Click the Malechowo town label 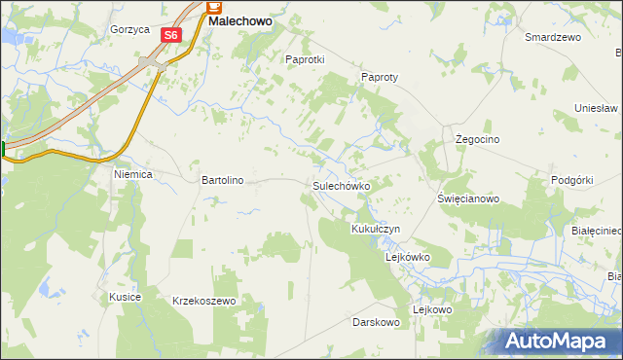tap(239, 19)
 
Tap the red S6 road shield tap(171, 35)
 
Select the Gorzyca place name tap(129, 29)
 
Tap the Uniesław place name tap(597, 107)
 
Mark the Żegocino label tap(478, 140)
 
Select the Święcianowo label tap(468, 198)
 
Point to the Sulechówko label tap(341, 185)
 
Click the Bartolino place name tap(222, 180)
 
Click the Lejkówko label tap(408, 257)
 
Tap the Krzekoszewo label tap(204, 302)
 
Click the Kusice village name tap(126, 296)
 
